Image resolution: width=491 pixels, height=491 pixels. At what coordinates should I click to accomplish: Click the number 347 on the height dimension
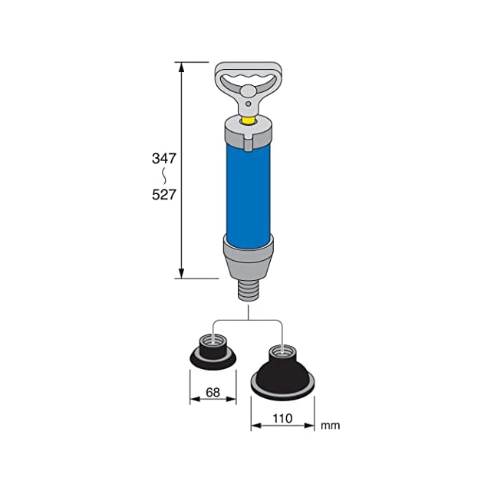[164, 159]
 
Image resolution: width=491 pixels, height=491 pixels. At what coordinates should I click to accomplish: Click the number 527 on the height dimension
[164, 195]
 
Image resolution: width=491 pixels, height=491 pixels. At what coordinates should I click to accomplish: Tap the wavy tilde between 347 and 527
[163, 176]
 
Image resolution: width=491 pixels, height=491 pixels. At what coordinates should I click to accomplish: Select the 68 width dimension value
[213, 392]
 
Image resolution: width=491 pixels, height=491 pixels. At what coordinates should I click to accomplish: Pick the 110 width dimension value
[282, 418]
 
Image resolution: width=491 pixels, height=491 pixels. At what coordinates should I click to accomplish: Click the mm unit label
[330, 426]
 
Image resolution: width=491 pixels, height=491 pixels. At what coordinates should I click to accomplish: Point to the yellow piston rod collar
[249, 120]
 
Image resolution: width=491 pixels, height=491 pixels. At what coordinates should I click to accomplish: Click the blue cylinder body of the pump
[249, 194]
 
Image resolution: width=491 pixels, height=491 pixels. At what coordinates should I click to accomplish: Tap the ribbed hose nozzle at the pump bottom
[249, 291]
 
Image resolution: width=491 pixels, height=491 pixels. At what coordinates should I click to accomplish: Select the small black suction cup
[213, 353]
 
